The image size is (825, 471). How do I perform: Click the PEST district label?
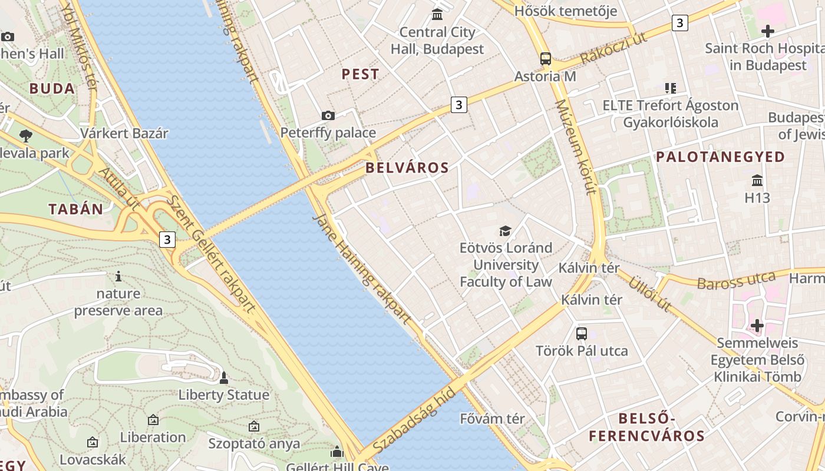pos(361,74)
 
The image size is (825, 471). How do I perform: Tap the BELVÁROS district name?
pos(407,168)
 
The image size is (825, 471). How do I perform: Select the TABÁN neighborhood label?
pos(76,209)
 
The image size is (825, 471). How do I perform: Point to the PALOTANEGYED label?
pos(720,157)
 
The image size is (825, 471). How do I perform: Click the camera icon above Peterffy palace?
pos(328,115)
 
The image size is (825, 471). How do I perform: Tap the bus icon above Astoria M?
pos(546,59)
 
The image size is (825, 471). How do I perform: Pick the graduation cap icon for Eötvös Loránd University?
pos(505,231)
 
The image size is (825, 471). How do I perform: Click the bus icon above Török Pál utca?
pos(582,334)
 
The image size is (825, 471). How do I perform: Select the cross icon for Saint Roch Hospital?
pos(767,31)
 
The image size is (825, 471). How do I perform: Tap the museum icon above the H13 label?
pos(757,180)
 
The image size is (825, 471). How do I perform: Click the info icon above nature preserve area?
pos(118,276)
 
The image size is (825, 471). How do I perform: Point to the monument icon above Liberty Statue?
pos(223,377)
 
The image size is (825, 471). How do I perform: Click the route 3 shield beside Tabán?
pos(168,240)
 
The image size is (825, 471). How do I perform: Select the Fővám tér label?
pos(492,419)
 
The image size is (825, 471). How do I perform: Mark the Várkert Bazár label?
pos(124,133)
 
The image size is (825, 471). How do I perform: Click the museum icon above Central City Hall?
pos(437,14)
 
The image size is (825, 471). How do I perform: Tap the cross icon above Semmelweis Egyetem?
pos(757,325)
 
